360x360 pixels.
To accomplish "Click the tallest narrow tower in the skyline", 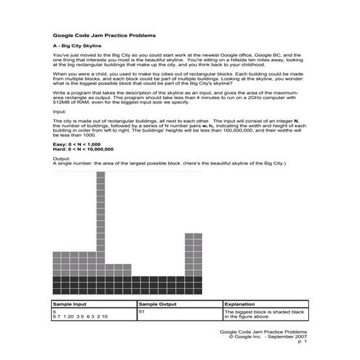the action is pos(100,218).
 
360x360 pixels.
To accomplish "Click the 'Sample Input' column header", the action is pos(71,305).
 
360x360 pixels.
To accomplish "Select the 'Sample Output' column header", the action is pos(159,305).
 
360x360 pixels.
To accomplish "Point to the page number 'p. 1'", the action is pos(302,342).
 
